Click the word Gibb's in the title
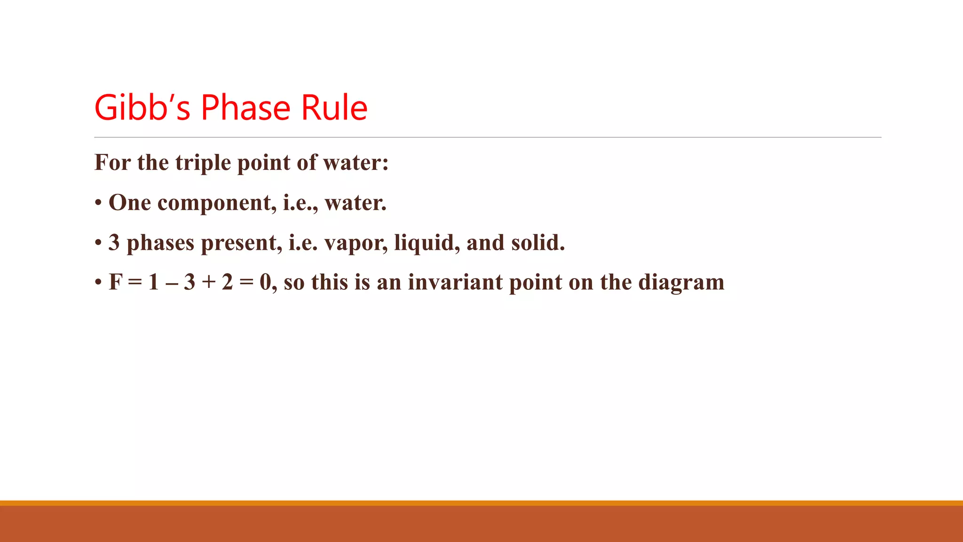point(142,108)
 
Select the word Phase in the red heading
point(245,108)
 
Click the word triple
point(203,163)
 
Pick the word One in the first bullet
point(130,203)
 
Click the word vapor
point(356,243)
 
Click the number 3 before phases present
point(114,243)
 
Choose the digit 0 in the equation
point(266,282)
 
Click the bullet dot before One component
point(98,204)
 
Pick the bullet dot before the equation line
point(98,283)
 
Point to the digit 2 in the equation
point(228,282)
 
